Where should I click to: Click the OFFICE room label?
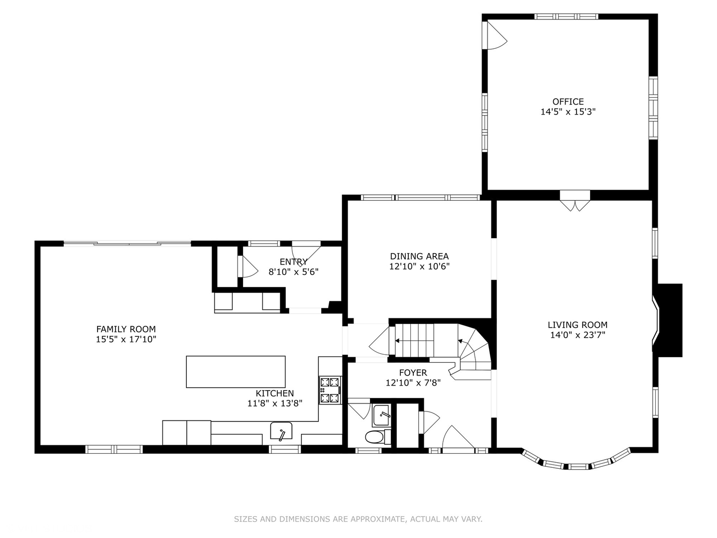tap(568, 101)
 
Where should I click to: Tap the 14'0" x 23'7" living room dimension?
tap(578, 335)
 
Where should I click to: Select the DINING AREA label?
tap(419, 256)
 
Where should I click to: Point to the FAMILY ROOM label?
tap(126, 329)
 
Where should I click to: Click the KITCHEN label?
tap(275, 394)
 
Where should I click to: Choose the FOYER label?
tap(413, 373)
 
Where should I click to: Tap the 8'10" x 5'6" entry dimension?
tap(293, 272)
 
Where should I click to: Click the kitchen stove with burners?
tap(330, 390)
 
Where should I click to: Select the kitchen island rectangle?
tap(236, 372)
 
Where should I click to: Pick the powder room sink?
tap(381, 415)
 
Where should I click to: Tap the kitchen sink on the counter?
tap(281, 431)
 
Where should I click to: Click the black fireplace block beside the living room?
tap(669, 320)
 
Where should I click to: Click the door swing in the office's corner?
tap(495, 35)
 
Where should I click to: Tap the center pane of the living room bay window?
tap(578, 466)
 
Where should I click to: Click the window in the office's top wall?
tap(566, 16)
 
